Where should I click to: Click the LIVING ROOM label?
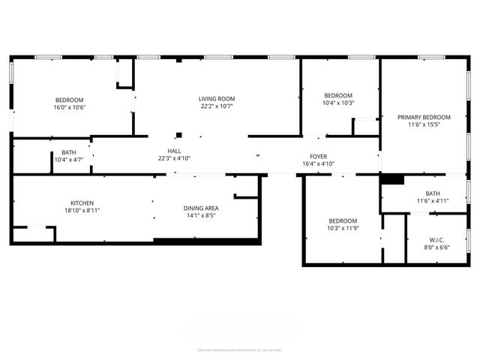(x=217, y=98)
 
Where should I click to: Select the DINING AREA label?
(x=201, y=208)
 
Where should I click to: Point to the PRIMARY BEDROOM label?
(x=424, y=117)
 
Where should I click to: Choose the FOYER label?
(x=318, y=156)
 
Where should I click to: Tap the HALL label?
(x=174, y=150)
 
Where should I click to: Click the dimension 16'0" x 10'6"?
(x=69, y=107)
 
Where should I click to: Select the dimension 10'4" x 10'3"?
(x=338, y=103)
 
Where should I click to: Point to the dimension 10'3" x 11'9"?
(x=343, y=229)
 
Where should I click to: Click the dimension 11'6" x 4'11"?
(x=432, y=201)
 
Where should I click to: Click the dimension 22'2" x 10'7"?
(x=217, y=106)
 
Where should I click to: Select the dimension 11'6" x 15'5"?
(x=424, y=125)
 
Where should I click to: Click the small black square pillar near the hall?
(x=178, y=136)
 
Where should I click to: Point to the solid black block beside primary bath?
(x=392, y=179)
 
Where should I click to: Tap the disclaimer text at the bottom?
(x=239, y=349)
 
